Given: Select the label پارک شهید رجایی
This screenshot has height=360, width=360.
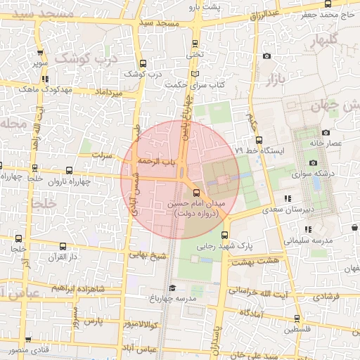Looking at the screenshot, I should tap(255, 246).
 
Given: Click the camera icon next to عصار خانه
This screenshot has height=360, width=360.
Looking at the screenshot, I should tap(326, 132).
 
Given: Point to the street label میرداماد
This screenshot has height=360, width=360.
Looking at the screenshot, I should tap(108, 93).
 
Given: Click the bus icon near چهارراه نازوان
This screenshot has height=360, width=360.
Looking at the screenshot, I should tap(69, 170).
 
